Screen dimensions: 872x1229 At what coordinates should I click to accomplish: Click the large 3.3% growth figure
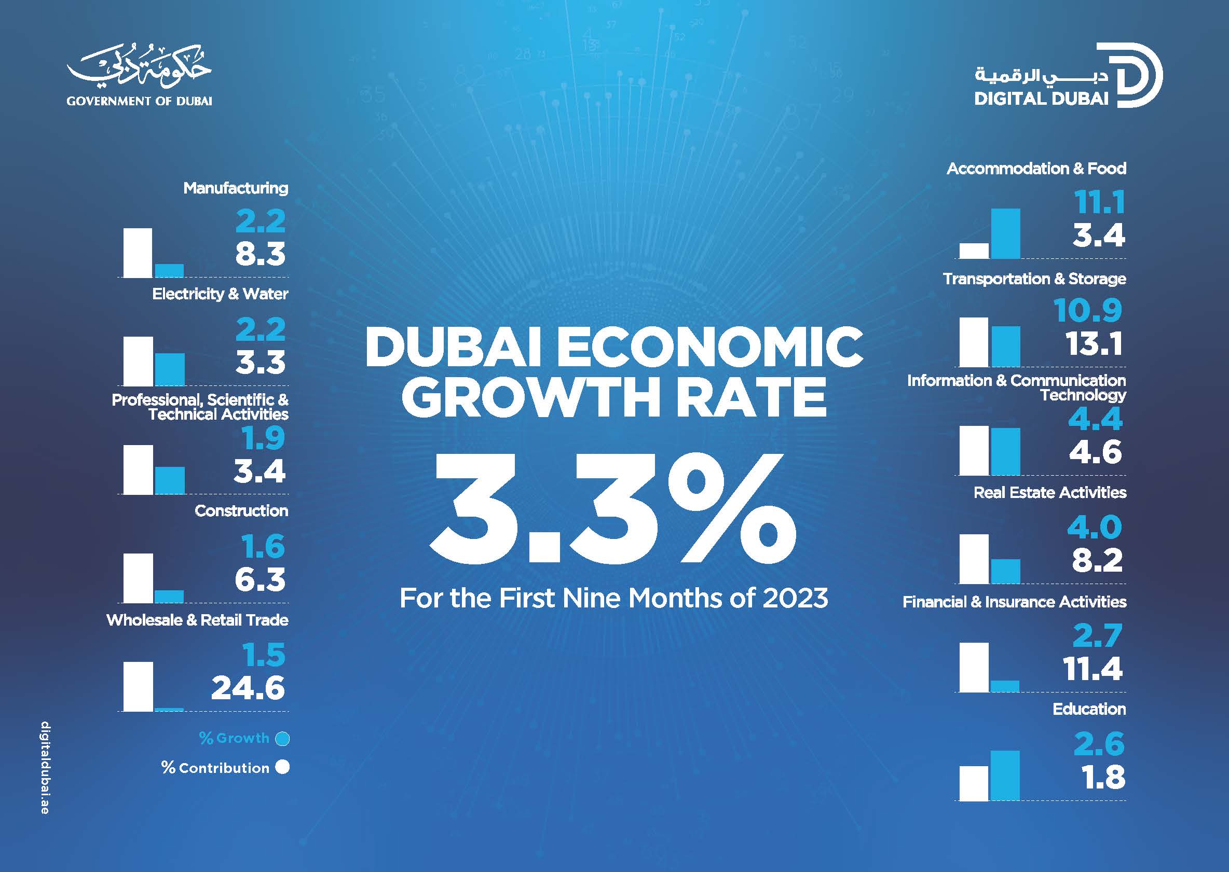pyautogui.click(x=612, y=507)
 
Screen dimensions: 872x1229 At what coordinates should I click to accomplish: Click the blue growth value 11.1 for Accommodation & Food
pyautogui.click(x=1099, y=203)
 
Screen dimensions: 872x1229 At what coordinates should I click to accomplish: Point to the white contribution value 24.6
pyautogui.click(x=248, y=688)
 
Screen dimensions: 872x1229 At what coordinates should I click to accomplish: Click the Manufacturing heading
pyautogui.click(x=236, y=188)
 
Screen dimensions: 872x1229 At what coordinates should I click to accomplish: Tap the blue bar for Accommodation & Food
pyautogui.click(x=1005, y=233)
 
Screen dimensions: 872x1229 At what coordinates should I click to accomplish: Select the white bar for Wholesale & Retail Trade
pyautogui.click(x=138, y=686)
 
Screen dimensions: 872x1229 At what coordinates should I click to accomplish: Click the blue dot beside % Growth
pyautogui.click(x=282, y=739)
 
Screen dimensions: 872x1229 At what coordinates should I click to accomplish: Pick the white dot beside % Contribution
pyautogui.click(x=282, y=767)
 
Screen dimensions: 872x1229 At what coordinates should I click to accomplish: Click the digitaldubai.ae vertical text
pyautogui.click(x=45, y=767)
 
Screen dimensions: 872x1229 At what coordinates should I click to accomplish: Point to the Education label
pyautogui.click(x=1089, y=709)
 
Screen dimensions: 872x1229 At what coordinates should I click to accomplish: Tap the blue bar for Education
pyautogui.click(x=1005, y=776)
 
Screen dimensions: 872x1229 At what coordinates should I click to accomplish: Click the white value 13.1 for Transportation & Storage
pyautogui.click(x=1094, y=344)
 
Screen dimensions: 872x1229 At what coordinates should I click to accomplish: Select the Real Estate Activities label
pyautogui.click(x=1049, y=492)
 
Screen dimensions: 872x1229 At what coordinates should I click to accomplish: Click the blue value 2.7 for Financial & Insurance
pyautogui.click(x=1097, y=636)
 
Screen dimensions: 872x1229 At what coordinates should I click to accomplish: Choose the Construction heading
pyautogui.click(x=241, y=510)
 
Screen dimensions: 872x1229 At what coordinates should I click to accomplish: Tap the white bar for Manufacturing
pyautogui.click(x=138, y=253)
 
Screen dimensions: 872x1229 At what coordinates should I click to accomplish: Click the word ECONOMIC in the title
pyautogui.click(x=709, y=347)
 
